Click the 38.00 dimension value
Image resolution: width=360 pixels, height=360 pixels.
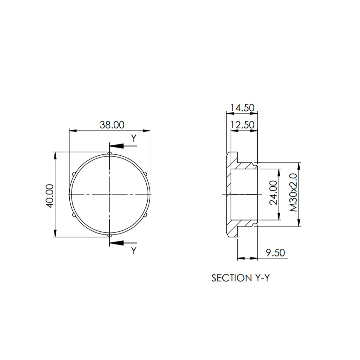coord(112,125)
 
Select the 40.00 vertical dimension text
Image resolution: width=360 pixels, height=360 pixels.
coord(50,196)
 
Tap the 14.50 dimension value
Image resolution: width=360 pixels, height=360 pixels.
coord(243,108)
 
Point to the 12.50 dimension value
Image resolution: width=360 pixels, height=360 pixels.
coord(243,125)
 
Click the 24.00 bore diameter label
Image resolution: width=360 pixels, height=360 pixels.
coord(273,193)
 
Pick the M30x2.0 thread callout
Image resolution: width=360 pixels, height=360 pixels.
coord(293,193)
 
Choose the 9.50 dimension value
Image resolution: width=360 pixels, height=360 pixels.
coord(275,252)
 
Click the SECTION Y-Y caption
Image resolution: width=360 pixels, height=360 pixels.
coord(240,278)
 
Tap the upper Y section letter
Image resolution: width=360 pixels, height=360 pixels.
coord(134,139)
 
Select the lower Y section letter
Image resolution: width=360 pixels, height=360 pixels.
coord(134,251)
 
